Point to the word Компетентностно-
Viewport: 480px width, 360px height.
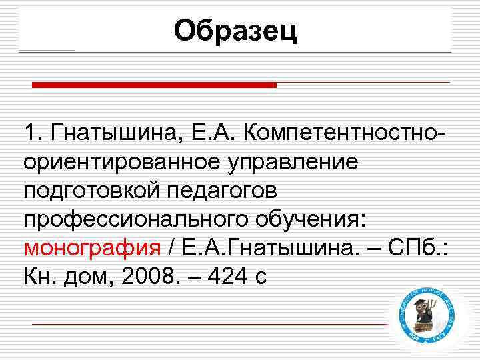click(347, 132)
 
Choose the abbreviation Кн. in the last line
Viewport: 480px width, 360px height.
click(41, 276)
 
